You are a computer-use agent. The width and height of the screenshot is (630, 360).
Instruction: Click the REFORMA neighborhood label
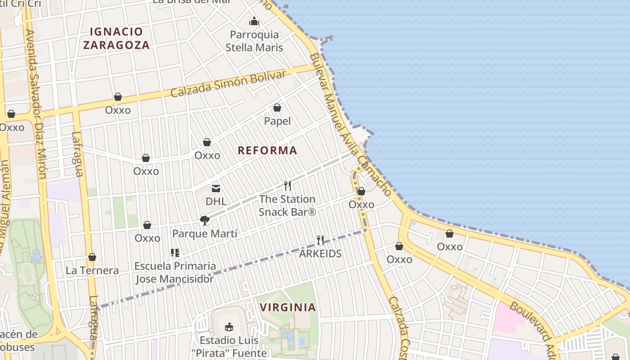point(267,150)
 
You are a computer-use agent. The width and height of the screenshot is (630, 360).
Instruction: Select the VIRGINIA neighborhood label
point(288,307)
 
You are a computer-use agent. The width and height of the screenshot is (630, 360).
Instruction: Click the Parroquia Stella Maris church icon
point(254,21)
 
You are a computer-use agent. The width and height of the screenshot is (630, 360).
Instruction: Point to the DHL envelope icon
point(216,188)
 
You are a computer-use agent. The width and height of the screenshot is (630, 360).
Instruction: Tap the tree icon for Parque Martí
point(205,220)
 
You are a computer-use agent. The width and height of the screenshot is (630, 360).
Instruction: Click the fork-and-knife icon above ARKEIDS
point(320,240)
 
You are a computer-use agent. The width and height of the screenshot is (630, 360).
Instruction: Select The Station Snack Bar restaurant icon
point(288,185)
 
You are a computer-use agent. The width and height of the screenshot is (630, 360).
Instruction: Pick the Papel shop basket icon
point(277,108)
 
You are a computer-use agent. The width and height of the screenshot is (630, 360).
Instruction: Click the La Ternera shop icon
point(92,257)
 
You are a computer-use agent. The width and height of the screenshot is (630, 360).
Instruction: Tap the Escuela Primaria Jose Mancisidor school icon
point(175,253)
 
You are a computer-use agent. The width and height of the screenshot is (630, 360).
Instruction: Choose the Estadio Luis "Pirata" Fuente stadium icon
point(229,327)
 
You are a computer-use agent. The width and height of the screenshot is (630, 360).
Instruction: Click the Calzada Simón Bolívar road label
point(228,83)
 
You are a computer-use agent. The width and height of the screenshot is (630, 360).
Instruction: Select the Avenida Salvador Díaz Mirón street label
point(36,103)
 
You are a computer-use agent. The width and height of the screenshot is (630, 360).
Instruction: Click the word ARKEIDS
point(320,253)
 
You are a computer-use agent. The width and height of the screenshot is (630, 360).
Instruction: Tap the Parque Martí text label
point(205,234)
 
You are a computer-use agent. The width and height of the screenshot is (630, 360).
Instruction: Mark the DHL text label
point(216,201)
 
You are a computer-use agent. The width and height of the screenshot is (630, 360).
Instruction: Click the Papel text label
point(277,121)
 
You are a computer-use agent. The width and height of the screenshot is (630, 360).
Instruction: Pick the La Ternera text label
point(92,270)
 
